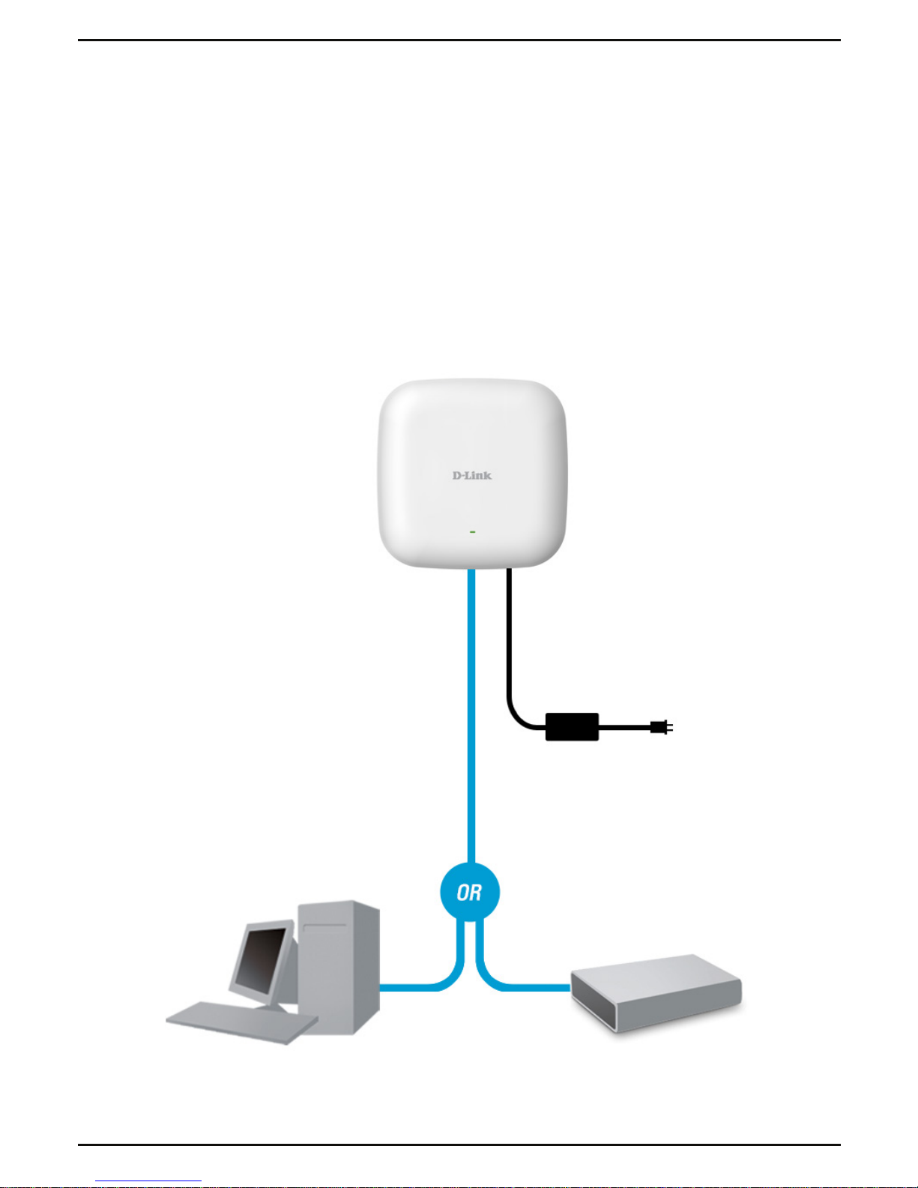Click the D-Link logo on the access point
pos(471,475)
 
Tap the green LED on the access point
pos(472,531)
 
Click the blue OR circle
pos(469,892)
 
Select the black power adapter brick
pos(572,726)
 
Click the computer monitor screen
pos(259,956)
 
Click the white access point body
pos(472,435)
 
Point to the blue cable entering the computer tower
pos(408,986)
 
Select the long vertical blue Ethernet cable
pos(471,712)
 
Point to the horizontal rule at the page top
pos(459,40)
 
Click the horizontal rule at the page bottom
pos(459,1145)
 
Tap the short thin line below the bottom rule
pos(148,1182)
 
